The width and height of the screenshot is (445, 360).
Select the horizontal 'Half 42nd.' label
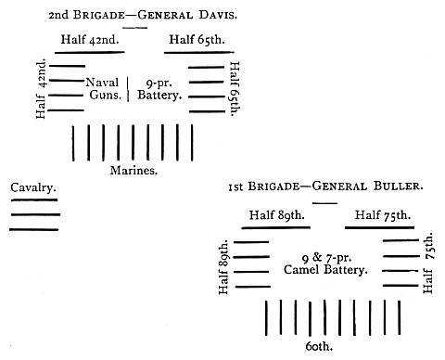coord(91,40)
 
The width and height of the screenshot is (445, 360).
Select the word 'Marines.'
coord(133,171)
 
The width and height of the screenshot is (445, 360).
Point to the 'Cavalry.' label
coord(33,188)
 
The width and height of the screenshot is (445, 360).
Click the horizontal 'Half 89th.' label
coord(278,215)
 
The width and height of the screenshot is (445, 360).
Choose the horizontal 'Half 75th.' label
coord(378,215)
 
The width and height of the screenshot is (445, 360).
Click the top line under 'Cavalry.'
coord(35,200)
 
